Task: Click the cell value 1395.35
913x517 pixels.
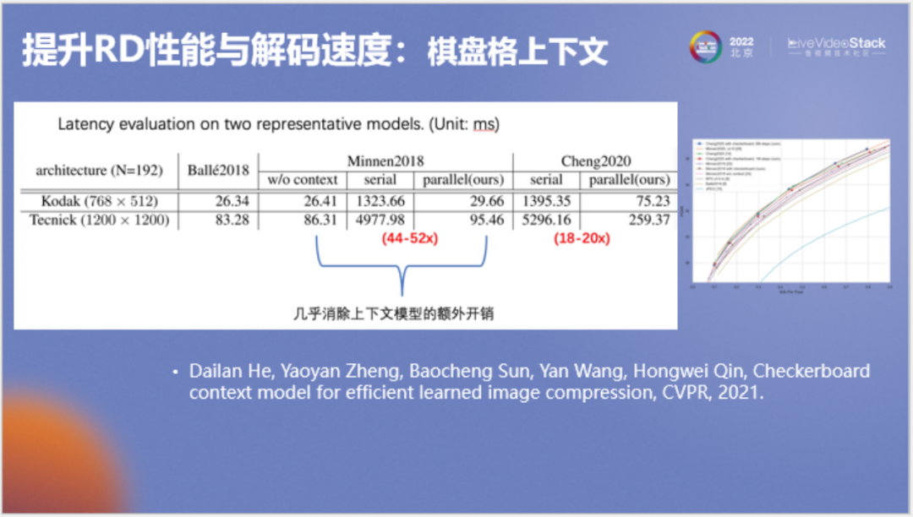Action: pos(545,201)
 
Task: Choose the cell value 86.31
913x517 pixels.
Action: pos(320,220)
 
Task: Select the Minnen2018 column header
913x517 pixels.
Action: pos(385,161)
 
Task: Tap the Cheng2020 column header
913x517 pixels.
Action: pos(596,161)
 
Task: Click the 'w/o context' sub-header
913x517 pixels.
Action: pos(303,180)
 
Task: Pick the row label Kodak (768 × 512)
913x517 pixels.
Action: pos(98,201)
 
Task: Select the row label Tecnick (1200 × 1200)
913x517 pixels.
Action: pos(98,220)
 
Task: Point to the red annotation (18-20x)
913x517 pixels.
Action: pos(582,239)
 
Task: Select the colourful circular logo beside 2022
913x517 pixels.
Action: pos(706,46)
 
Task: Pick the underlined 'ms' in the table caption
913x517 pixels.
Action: pos(484,124)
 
